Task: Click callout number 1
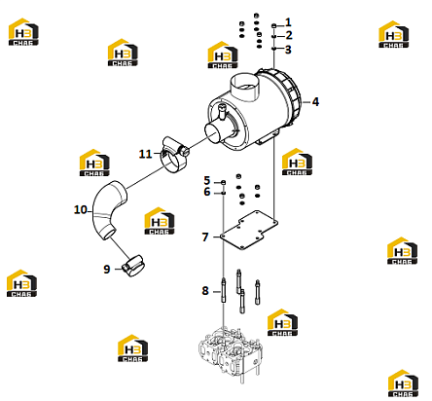click(x=288, y=22)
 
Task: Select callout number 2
click(x=289, y=35)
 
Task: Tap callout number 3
click(x=288, y=50)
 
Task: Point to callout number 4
click(x=315, y=102)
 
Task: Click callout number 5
click(x=207, y=180)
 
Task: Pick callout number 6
click(x=207, y=192)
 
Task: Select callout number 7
click(x=205, y=237)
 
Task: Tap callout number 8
click(x=205, y=291)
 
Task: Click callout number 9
click(x=107, y=269)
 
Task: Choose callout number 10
click(x=81, y=209)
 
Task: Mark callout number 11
click(x=145, y=154)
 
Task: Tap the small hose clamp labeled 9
click(x=132, y=266)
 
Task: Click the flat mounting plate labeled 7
click(x=249, y=230)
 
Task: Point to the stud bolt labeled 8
click(x=224, y=290)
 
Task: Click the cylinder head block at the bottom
click(x=230, y=354)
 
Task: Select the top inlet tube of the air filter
click(x=245, y=87)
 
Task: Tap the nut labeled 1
click(x=274, y=25)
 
